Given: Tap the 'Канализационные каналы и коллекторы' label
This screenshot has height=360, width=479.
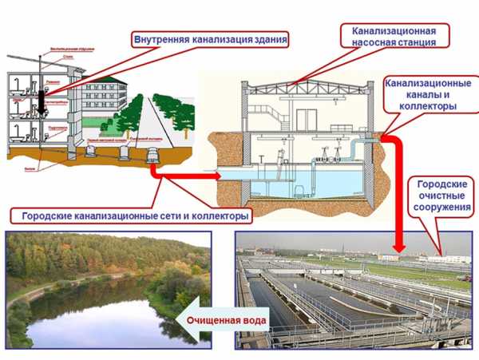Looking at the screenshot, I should pos(428,94).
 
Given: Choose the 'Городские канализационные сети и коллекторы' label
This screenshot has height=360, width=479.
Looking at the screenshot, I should pos(132,216).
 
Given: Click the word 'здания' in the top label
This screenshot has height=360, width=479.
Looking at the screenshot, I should pos(265,38).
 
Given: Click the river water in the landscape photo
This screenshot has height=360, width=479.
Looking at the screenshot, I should pos(88,315).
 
